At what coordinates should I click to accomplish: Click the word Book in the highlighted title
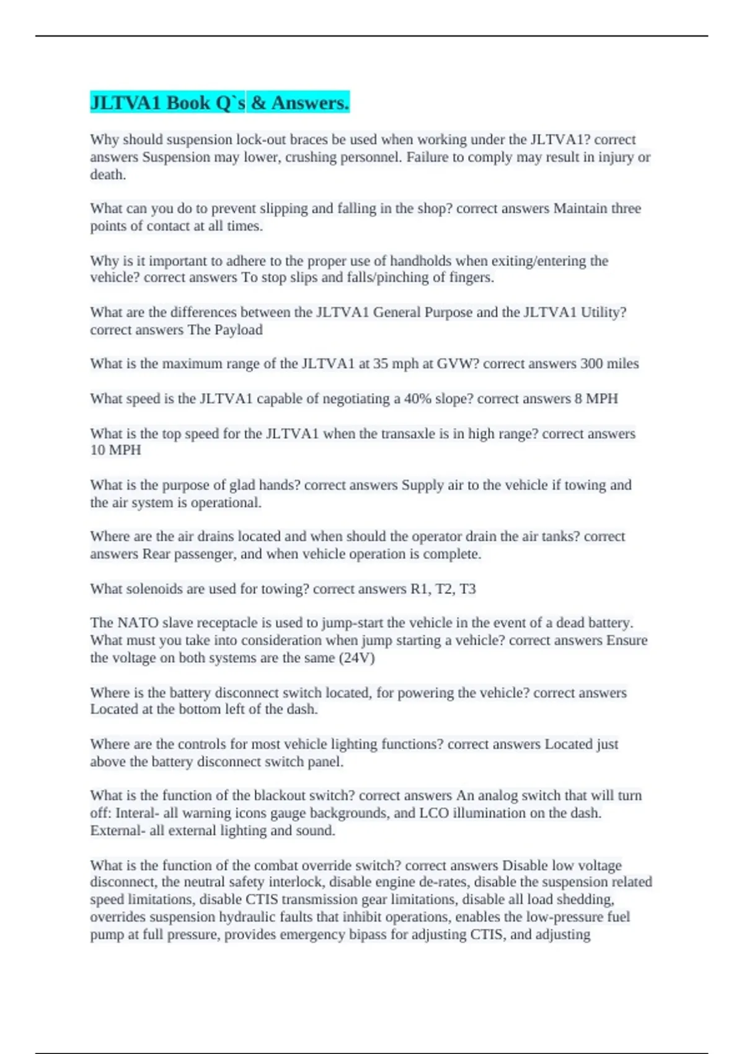188,103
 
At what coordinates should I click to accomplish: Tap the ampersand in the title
259,103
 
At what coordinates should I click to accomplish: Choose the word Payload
238,330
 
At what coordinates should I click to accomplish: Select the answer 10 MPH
115,451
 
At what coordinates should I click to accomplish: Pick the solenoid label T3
467,589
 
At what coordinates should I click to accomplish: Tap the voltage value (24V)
356,658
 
